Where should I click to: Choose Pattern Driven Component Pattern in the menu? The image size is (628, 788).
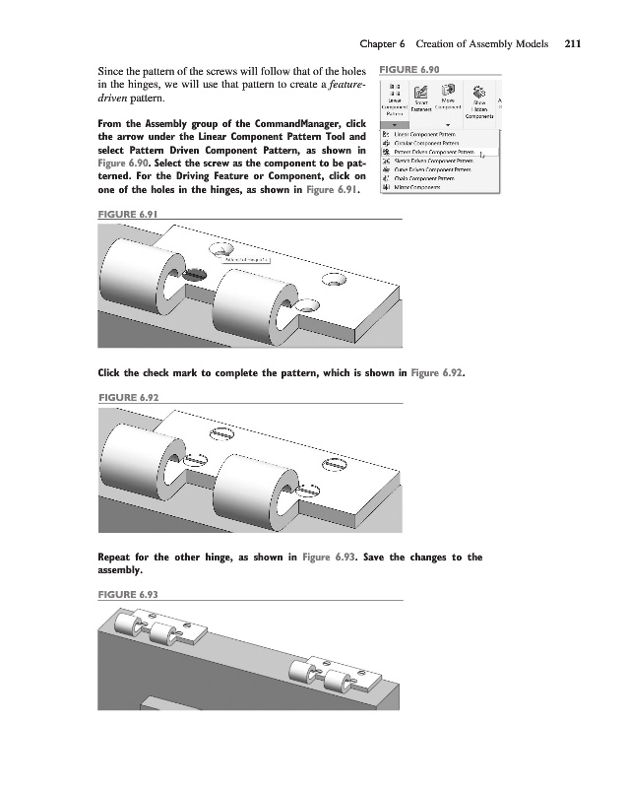[433, 152]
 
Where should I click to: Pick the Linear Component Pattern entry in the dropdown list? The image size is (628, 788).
[429, 134]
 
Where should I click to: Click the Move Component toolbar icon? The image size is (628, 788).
[448, 98]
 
